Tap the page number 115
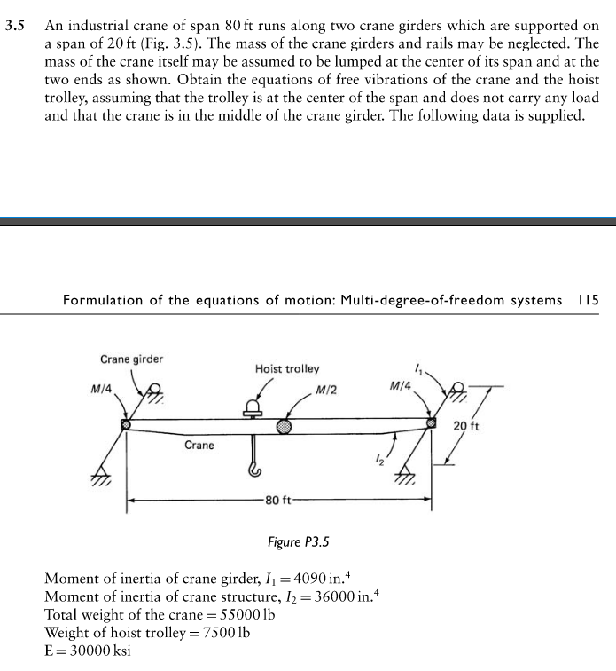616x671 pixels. [588, 301]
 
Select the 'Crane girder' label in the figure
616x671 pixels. [131, 359]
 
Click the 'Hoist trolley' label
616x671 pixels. [287, 368]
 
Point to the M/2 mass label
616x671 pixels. [324, 390]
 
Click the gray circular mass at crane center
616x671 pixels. [284, 426]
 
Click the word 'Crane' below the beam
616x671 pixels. [199, 445]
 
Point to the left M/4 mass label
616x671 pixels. [102, 388]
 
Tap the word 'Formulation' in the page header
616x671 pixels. [105, 301]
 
